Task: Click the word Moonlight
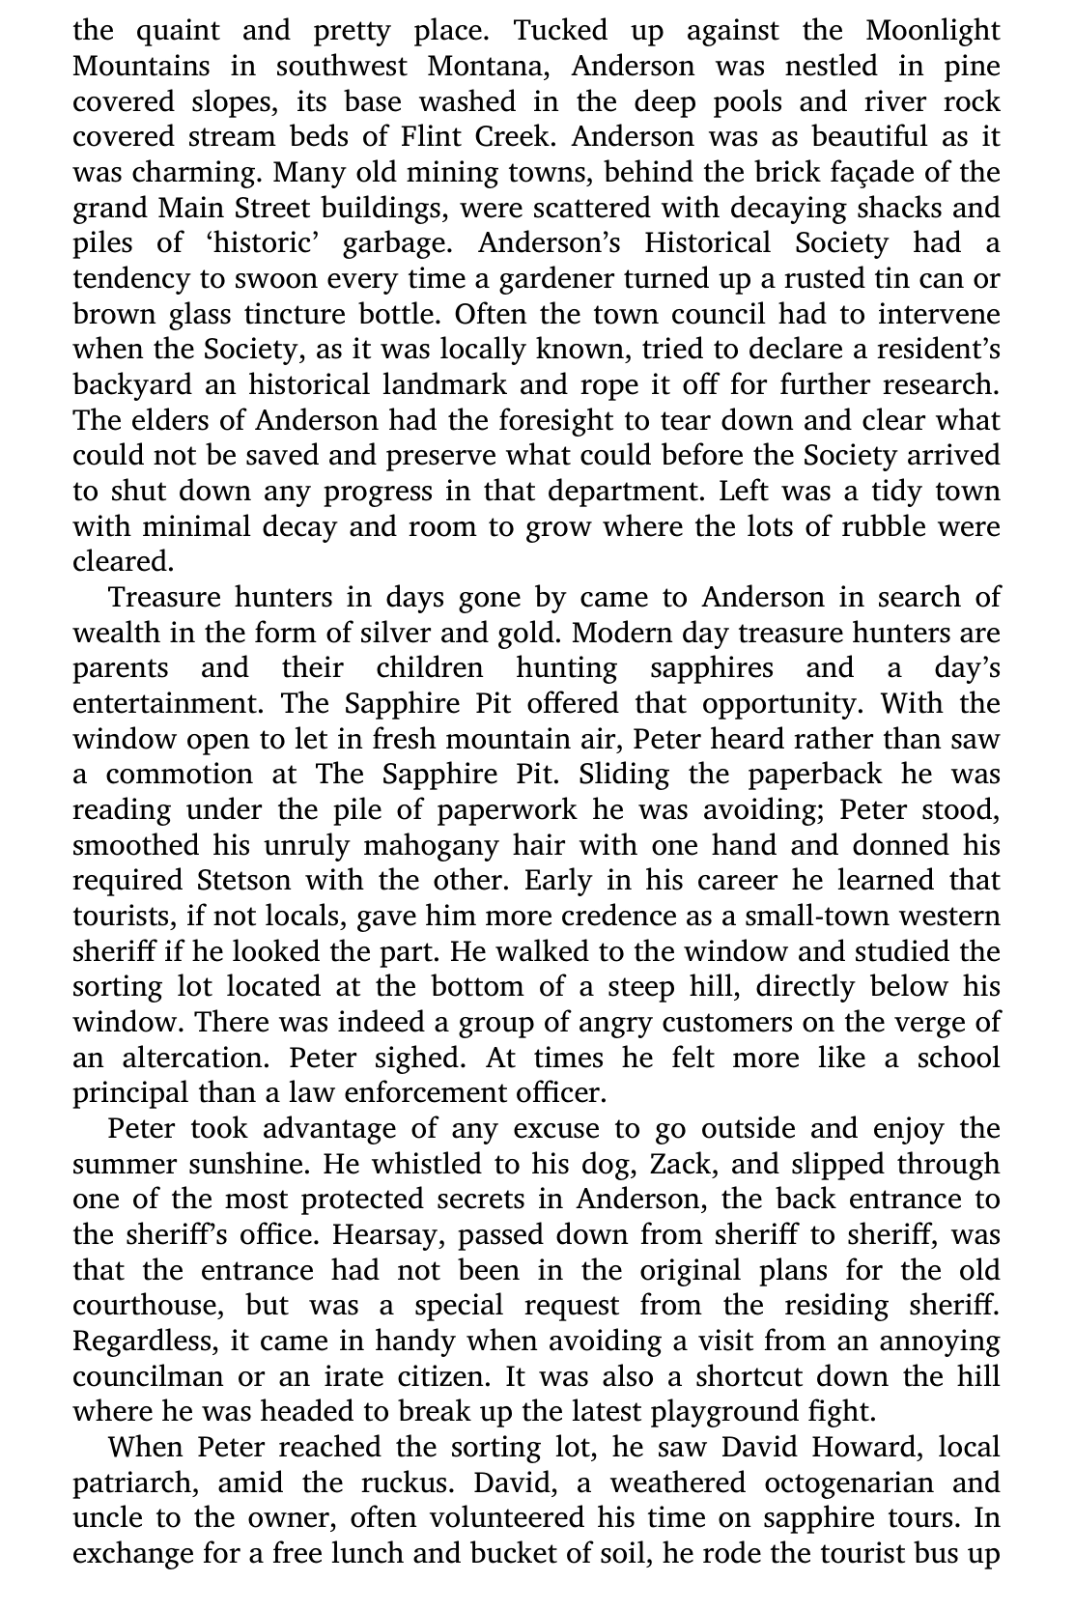point(932,31)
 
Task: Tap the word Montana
point(492,67)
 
